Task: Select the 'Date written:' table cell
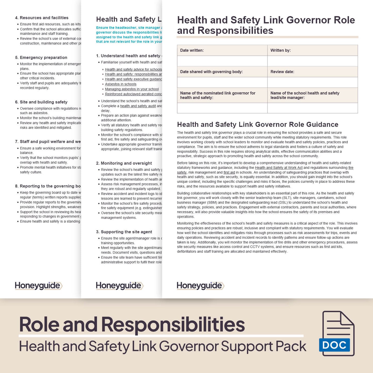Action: click(x=222, y=50)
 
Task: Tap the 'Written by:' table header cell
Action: click(x=312, y=50)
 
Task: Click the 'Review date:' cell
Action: click(x=312, y=72)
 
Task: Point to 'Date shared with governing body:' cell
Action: click(x=222, y=72)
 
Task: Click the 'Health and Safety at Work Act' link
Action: click(x=279, y=168)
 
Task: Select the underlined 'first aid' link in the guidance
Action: click(x=229, y=172)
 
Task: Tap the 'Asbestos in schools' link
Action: click(x=121, y=84)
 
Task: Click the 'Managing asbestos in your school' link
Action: click(x=132, y=89)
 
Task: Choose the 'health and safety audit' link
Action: click(x=138, y=106)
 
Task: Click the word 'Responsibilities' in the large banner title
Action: click(x=173, y=324)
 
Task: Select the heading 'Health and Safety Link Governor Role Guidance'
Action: click(x=257, y=124)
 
